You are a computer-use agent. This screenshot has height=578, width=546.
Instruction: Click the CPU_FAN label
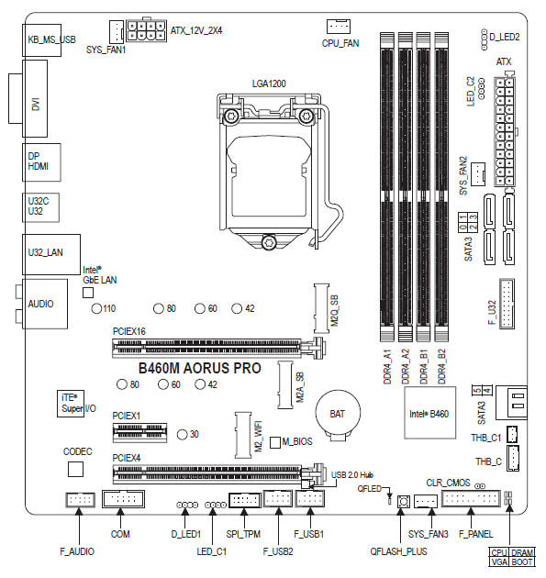[x=340, y=42]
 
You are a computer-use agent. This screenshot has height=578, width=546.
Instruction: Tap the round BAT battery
[x=336, y=415]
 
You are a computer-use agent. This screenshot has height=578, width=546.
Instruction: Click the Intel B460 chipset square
[x=429, y=415]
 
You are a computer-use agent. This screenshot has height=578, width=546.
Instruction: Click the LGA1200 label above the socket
[x=269, y=83]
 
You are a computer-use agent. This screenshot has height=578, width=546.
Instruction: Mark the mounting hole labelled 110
[x=96, y=308]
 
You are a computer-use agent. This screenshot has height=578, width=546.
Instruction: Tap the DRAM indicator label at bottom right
[x=521, y=552]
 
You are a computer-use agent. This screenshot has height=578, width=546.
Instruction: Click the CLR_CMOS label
[x=448, y=482]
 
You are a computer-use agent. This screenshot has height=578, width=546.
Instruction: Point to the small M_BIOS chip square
[x=274, y=441]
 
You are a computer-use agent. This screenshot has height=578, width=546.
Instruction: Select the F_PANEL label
[x=476, y=533]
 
